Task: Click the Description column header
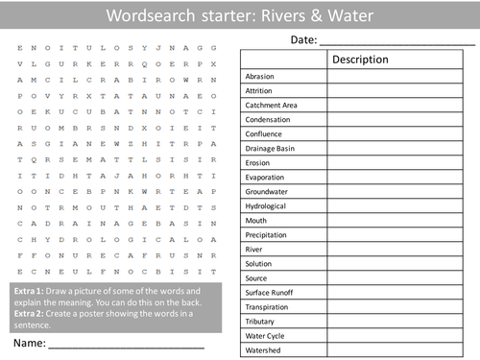click(360, 60)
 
